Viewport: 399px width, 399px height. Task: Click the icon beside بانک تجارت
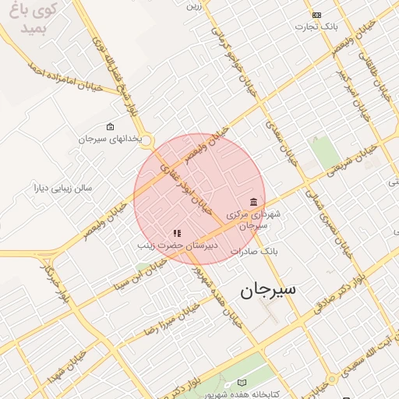click(316, 15)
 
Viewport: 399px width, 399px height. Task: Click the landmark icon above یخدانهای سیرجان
click(110, 126)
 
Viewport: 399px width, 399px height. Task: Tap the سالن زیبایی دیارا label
click(62, 188)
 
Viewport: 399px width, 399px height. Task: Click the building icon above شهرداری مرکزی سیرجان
click(253, 201)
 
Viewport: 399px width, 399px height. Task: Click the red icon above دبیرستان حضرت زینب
click(177, 232)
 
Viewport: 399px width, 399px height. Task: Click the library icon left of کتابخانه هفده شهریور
click(241, 383)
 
